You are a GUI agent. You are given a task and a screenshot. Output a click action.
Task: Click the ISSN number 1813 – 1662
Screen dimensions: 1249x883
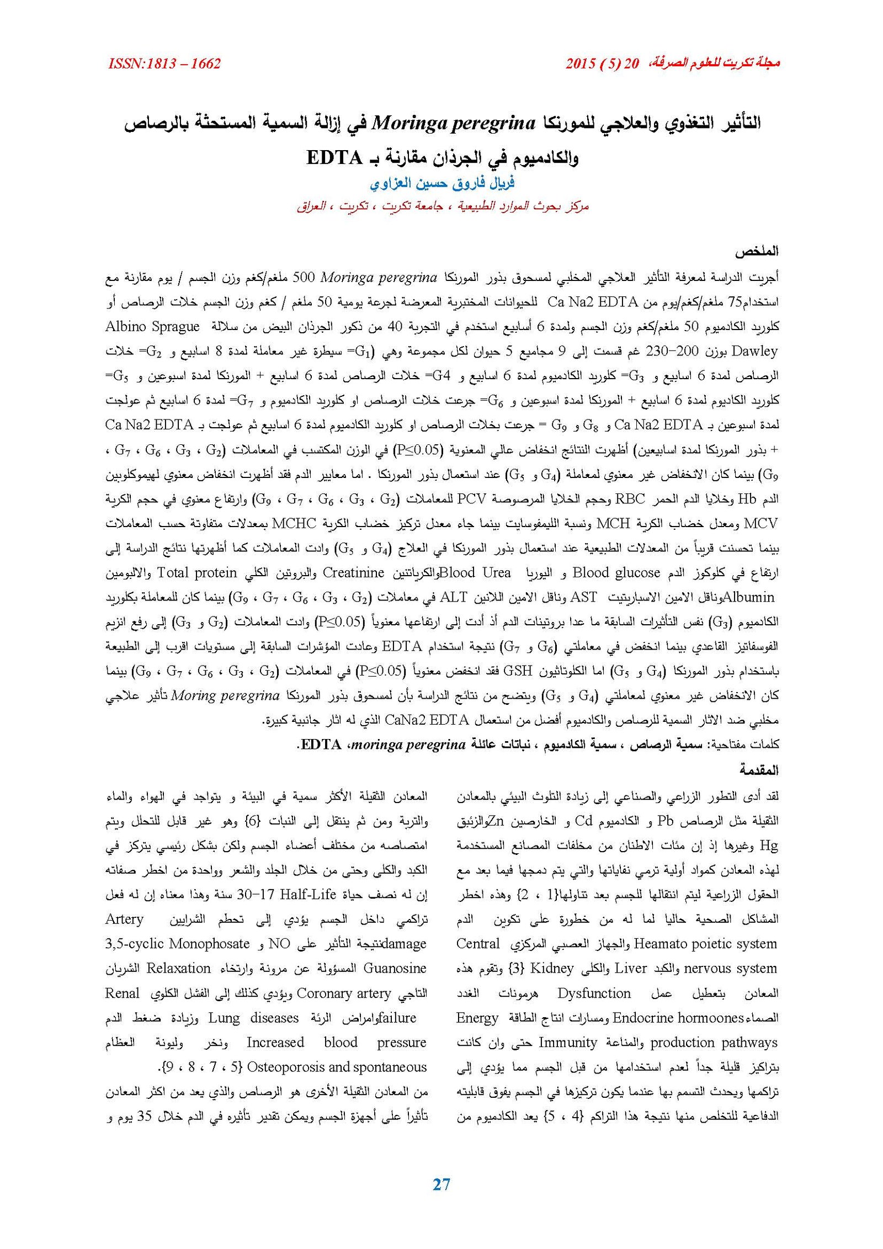164,63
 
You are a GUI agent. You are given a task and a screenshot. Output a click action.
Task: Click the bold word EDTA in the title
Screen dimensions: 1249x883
334,158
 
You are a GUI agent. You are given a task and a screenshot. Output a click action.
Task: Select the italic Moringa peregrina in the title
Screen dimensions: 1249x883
454,123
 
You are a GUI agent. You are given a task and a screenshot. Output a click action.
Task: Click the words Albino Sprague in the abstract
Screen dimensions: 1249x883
152,327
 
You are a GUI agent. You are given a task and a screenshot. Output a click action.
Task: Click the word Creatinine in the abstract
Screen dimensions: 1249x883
353,573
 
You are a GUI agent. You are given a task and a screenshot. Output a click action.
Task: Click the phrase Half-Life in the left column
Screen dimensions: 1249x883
308,895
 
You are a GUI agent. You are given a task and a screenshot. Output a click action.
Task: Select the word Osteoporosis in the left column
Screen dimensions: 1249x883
286,1067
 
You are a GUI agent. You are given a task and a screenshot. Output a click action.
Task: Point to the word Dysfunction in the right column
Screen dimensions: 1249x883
594,993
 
